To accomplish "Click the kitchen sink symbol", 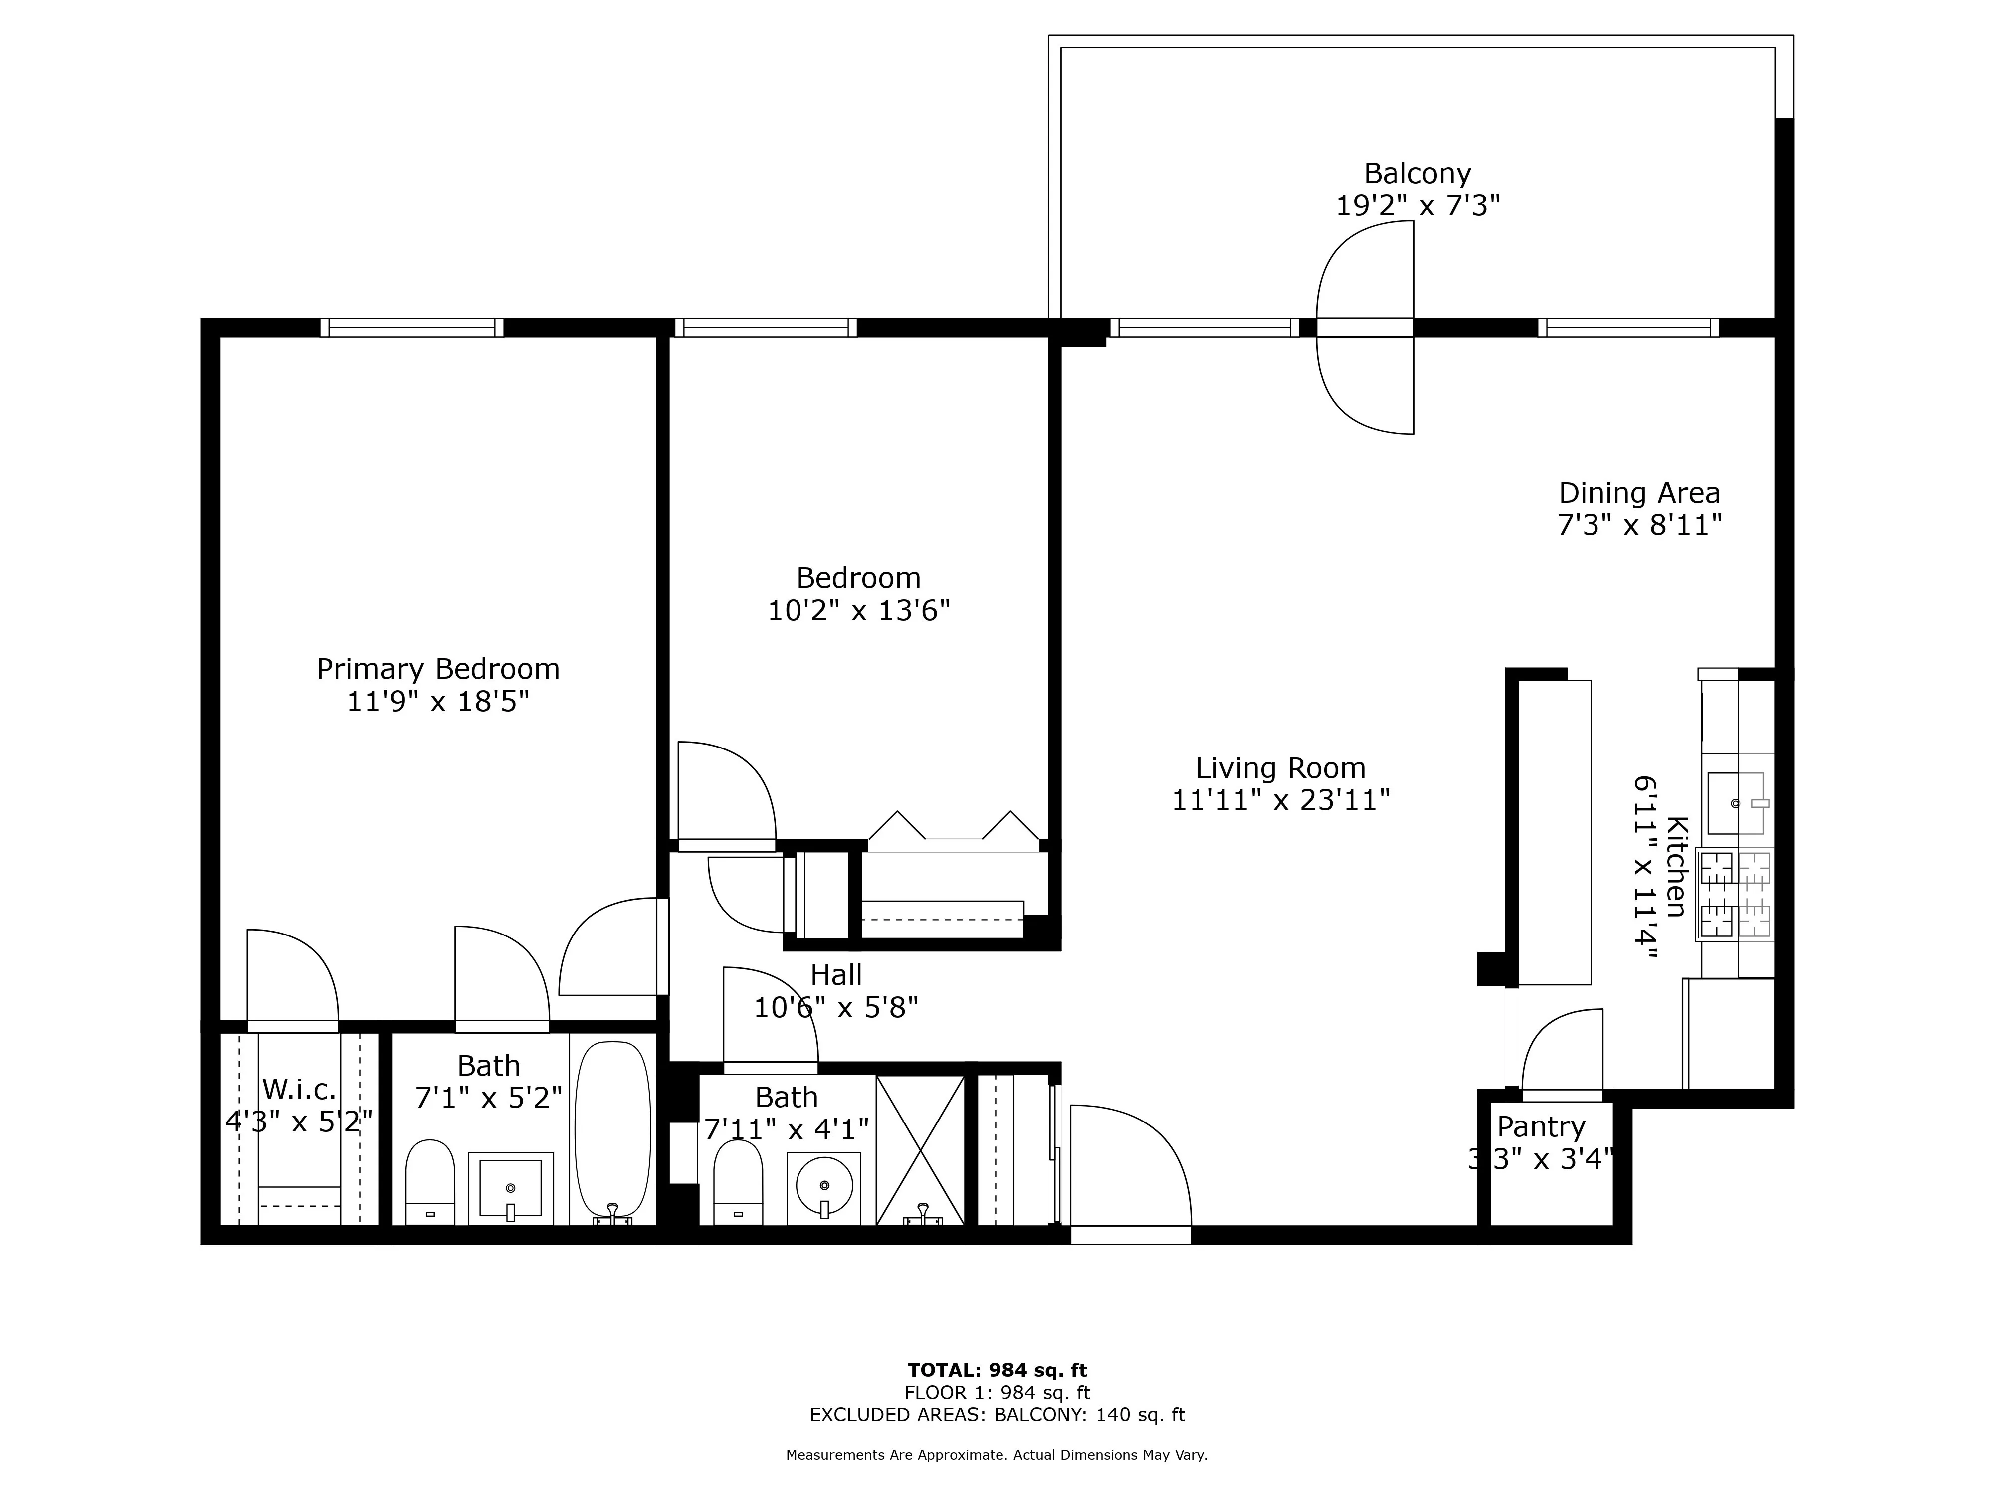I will [x=1735, y=802].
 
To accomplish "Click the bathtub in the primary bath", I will [x=612, y=1131].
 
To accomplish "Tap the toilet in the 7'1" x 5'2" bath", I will [x=429, y=1181].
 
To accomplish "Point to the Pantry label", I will [x=1541, y=1127].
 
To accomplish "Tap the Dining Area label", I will [x=1639, y=493].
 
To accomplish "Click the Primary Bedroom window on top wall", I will [x=412, y=327].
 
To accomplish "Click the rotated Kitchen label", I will [x=1676, y=866].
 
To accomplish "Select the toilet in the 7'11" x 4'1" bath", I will [x=738, y=1181].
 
